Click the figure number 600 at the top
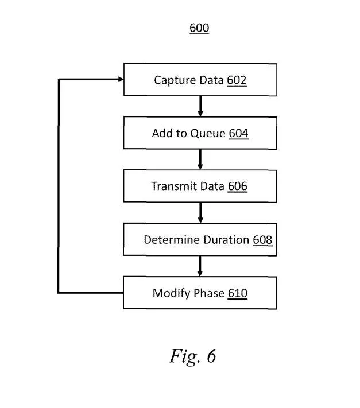(199, 28)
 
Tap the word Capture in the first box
(176, 80)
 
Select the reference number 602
(237, 80)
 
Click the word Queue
(208, 134)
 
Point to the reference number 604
(238, 133)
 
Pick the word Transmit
(175, 186)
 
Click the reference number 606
(237, 186)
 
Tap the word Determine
(172, 240)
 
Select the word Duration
(226, 240)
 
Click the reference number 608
(262, 240)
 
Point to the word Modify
(172, 293)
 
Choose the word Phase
(209, 293)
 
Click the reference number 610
(237, 293)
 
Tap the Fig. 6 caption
(193, 356)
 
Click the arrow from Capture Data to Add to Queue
(200, 106)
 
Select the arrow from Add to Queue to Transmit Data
(200, 160)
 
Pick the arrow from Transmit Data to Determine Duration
(200, 213)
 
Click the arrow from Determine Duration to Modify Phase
(200, 266)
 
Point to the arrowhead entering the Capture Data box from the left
(121, 79)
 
